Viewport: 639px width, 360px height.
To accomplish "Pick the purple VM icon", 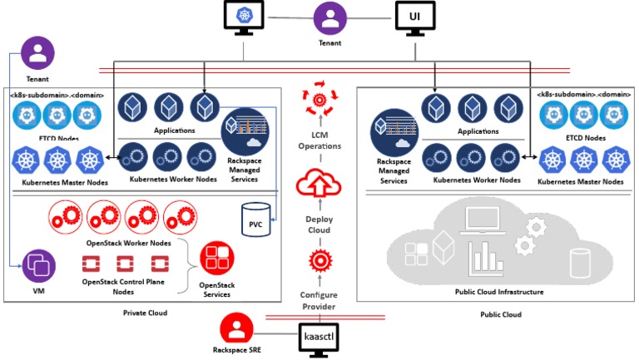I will click(39, 266).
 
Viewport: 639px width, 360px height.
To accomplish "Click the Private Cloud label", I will click(146, 313).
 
